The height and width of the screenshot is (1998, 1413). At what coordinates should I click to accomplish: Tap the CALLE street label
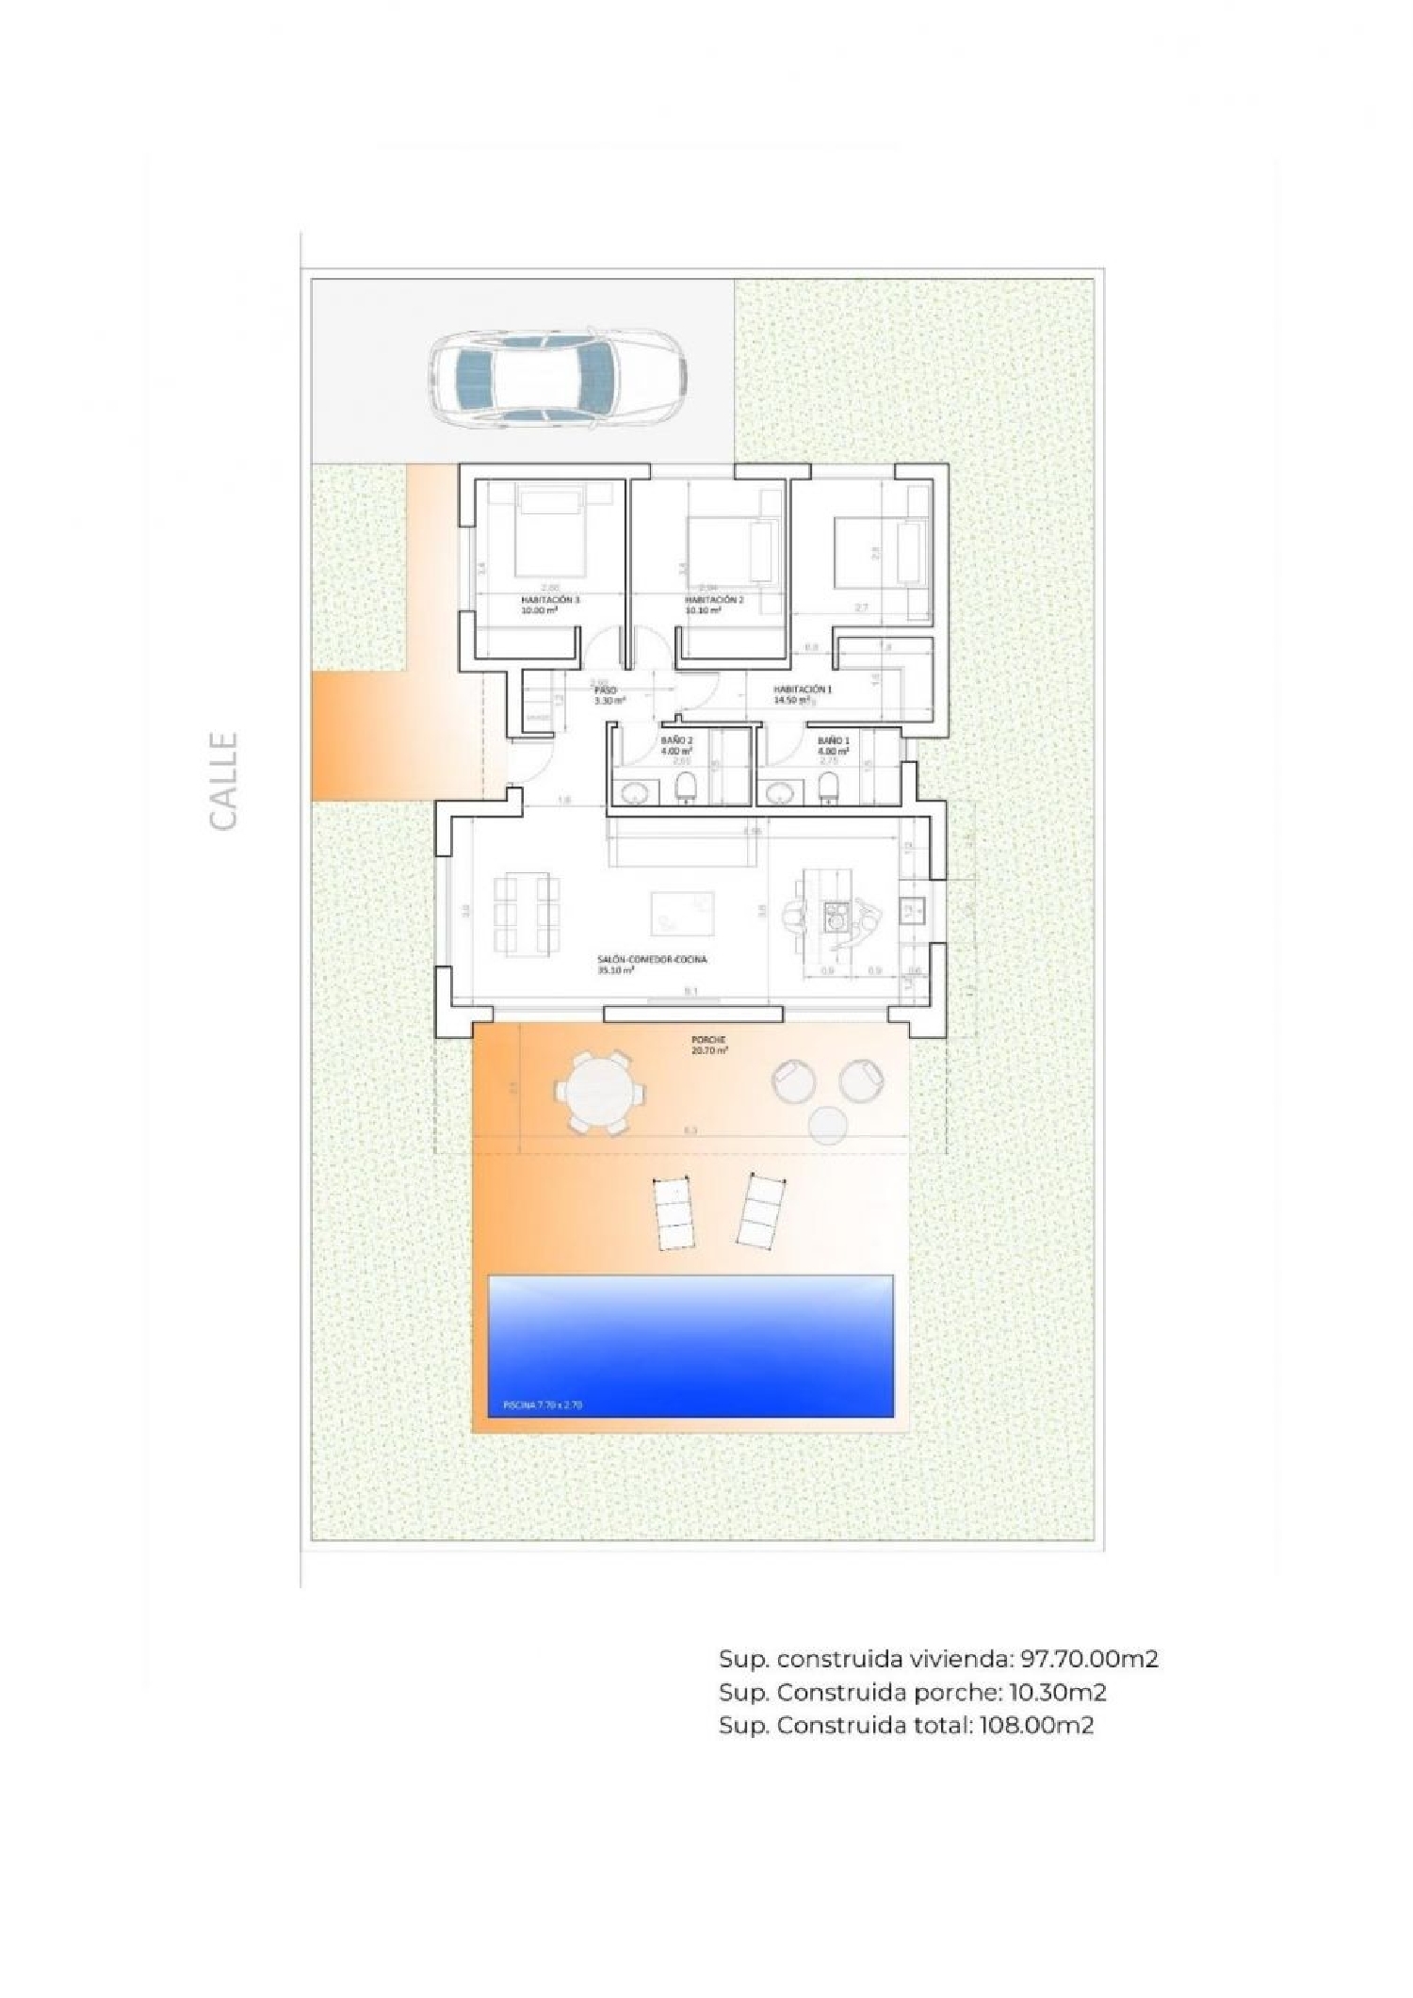pyautogui.click(x=223, y=781)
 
